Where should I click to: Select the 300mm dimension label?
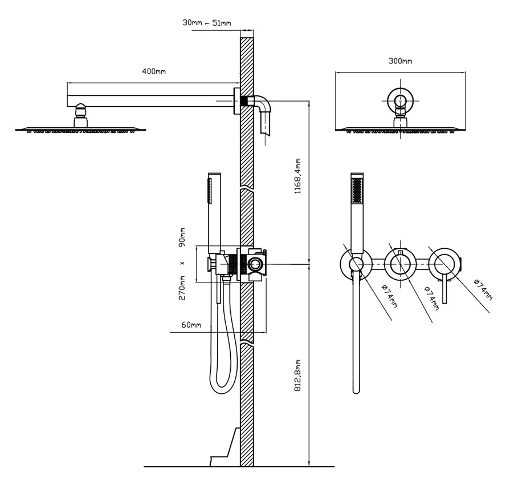point(400,61)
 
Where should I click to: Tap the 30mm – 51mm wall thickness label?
point(207,22)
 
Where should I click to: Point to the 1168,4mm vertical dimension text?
point(297,178)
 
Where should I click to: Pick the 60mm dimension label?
point(191,325)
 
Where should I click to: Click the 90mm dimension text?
point(182,237)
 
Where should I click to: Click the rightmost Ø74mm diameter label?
point(482,288)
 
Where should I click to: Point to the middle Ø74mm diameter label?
point(432,297)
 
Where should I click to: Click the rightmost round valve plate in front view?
point(444,263)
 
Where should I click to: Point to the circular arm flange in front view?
point(400,102)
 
